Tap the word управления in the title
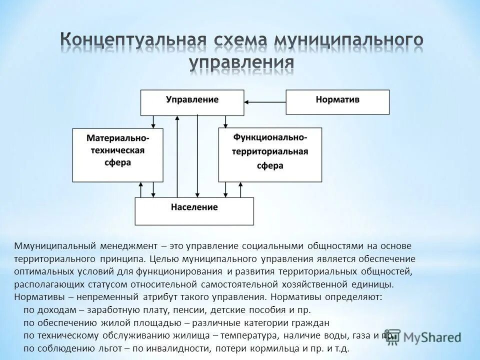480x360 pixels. [x=242, y=63]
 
